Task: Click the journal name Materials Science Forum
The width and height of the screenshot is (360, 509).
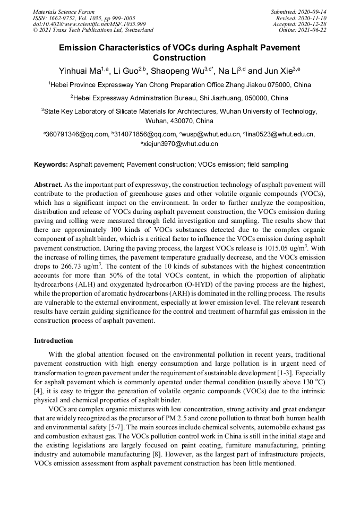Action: pos(64,12)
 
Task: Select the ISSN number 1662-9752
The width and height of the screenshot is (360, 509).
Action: pos(68,18)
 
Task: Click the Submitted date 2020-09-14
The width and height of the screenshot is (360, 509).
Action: pos(313,12)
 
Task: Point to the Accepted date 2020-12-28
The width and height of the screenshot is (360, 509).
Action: pos(313,24)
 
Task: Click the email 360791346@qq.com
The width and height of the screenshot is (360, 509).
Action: pos(77,135)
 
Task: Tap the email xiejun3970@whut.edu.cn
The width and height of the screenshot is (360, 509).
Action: pos(181,144)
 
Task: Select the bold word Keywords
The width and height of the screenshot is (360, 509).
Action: pos(51,165)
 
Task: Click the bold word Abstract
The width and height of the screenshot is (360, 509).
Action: pos(48,185)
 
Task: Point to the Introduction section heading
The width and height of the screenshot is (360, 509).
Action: pos(54,340)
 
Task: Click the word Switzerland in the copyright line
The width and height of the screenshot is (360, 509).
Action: pos(135,30)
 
